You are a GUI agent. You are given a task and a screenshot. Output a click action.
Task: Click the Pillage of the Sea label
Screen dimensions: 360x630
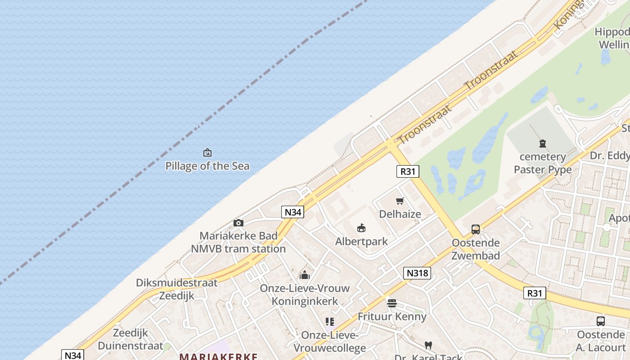207,166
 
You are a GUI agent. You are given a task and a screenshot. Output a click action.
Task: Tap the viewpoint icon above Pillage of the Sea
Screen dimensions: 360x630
207,153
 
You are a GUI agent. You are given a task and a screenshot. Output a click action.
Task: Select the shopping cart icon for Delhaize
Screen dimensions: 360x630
400,201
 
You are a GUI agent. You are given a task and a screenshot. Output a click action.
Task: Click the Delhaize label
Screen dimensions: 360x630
400,214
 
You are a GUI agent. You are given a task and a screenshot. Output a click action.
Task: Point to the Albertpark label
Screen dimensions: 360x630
361,242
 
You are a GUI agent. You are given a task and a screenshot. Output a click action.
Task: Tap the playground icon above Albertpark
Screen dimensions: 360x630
361,228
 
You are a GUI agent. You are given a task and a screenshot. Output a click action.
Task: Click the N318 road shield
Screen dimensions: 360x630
417,273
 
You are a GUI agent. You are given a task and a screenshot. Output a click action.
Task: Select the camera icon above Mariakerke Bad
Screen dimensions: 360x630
238,223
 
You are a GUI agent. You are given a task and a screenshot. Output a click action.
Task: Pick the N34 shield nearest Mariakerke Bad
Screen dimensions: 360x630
292,212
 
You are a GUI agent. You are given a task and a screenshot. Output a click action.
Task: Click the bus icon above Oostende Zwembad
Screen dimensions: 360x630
476,229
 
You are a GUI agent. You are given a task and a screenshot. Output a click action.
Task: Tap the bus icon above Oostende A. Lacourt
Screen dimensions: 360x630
601,321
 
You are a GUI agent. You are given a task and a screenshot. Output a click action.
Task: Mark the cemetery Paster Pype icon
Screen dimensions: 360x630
543,144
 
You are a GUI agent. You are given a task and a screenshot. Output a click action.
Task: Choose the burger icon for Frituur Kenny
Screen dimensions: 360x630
392,303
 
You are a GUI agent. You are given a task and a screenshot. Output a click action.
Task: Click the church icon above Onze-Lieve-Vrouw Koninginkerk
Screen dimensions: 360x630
305,275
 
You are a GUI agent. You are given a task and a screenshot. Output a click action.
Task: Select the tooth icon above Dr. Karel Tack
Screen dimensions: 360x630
428,345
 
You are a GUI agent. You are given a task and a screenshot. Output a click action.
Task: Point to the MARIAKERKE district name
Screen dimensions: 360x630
218,356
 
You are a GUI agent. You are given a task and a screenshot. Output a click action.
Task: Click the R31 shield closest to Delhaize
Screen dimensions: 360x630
408,171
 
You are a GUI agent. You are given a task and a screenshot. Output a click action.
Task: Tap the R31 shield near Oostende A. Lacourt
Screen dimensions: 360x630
535,293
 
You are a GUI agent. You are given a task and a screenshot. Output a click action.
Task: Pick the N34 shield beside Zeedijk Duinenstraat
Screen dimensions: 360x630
72,355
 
